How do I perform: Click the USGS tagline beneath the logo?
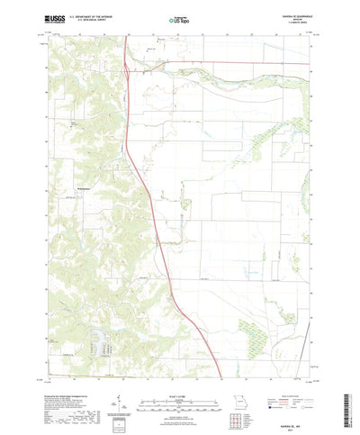[55, 23]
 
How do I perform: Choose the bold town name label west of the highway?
[80, 187]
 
